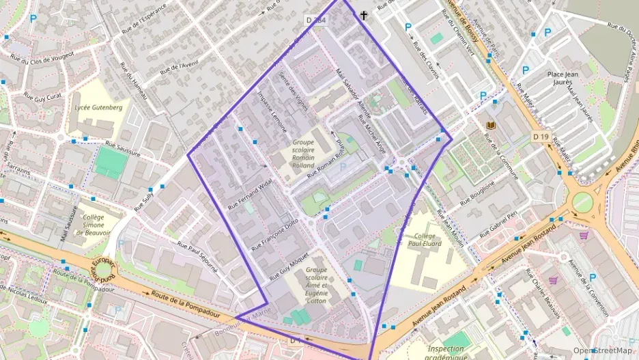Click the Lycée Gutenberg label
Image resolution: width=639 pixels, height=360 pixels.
click(x=98, y=107)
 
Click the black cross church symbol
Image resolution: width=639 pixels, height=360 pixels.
click(x=364, y=15)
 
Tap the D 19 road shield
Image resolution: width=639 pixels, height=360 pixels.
click(x=541, y=137)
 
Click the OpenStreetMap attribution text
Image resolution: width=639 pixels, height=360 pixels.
click(x=602, y=350)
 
